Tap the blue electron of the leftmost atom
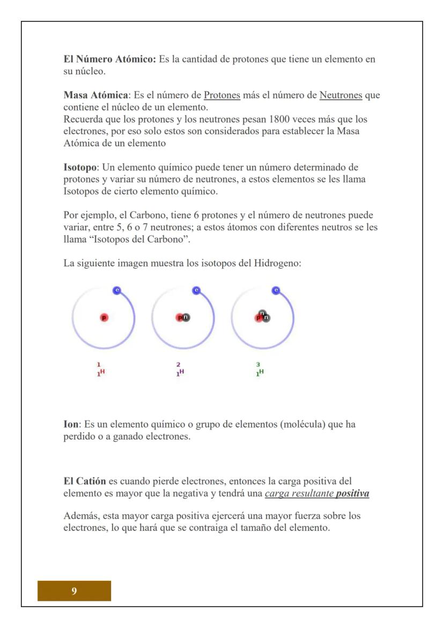pos(117,290)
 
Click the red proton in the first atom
pos(104,317)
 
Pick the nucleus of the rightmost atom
pos(263,316)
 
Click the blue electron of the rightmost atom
pos(276,290)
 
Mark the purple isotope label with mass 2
pos(180,370)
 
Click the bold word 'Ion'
pos(71,424)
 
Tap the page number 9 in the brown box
pos(74,590)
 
